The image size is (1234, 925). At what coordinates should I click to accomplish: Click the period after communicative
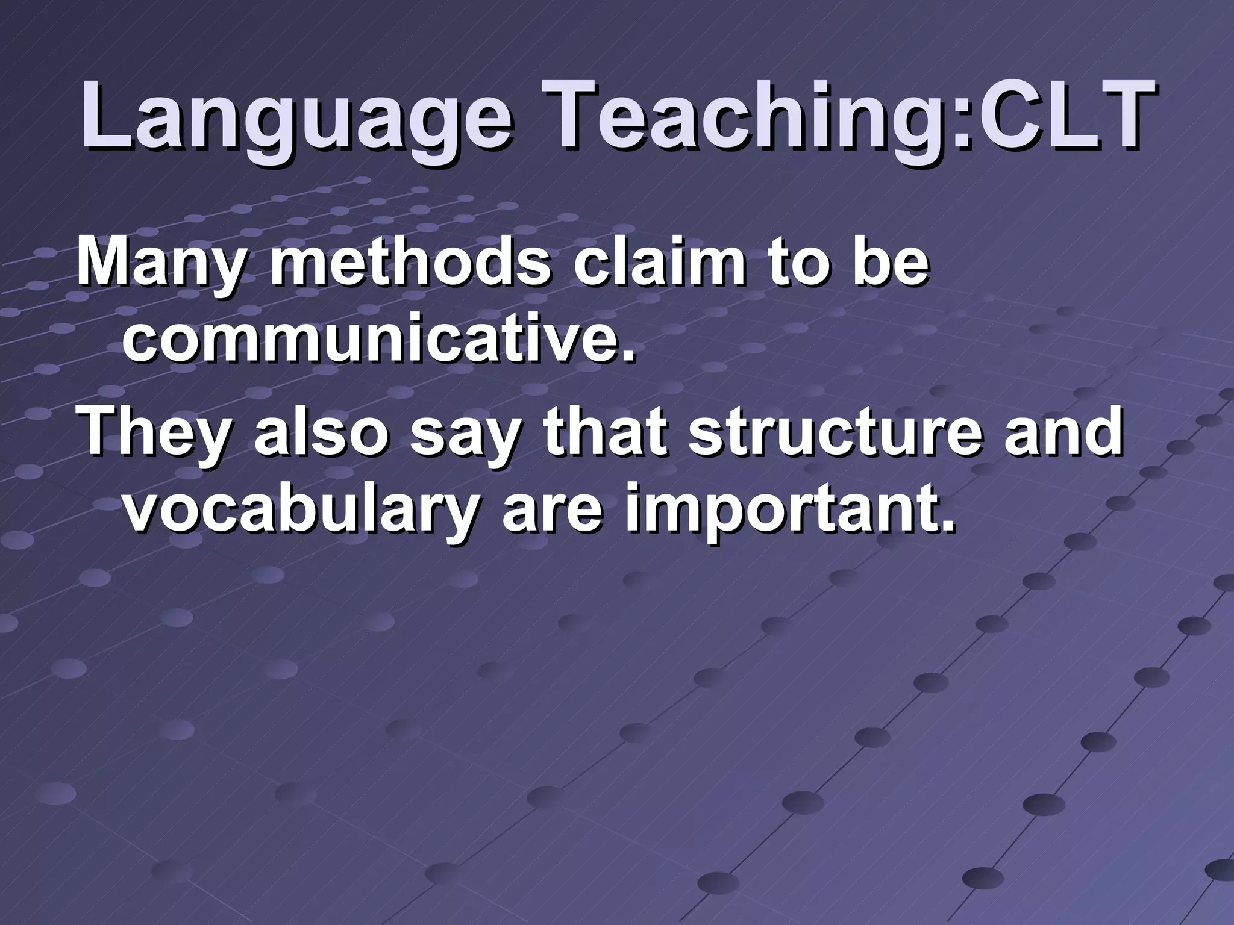[628, 355]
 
